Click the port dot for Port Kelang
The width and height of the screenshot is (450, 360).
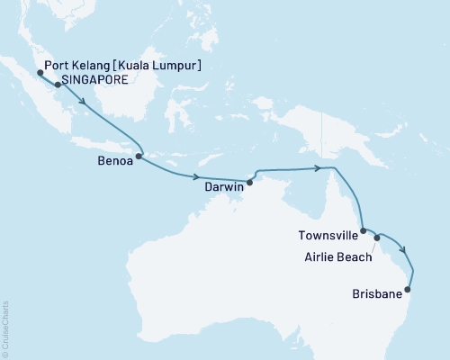(40, 73)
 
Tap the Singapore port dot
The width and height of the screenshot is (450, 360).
(58, 85)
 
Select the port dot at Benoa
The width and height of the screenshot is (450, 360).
(139, 157)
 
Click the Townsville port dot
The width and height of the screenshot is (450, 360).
(364, 231)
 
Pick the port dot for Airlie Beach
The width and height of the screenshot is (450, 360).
(377, 238)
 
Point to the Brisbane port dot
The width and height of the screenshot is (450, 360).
(409, 290)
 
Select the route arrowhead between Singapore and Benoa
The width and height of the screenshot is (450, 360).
(85, 103)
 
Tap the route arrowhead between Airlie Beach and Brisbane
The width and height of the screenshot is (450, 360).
(403, 251)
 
